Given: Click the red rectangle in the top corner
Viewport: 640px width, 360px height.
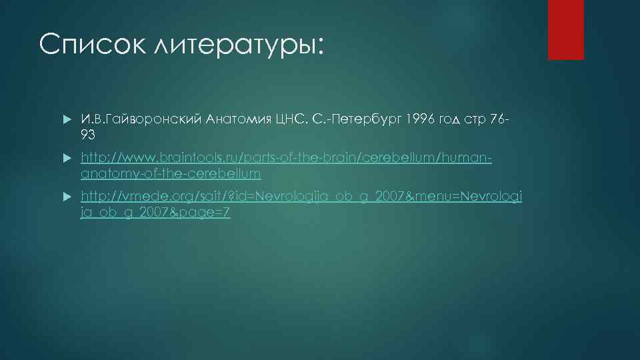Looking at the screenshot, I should coord(565,29).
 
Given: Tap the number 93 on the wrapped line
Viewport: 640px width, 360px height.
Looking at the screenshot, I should coord(89,135).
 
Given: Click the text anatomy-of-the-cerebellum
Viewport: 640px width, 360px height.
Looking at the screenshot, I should coord(171,174).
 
